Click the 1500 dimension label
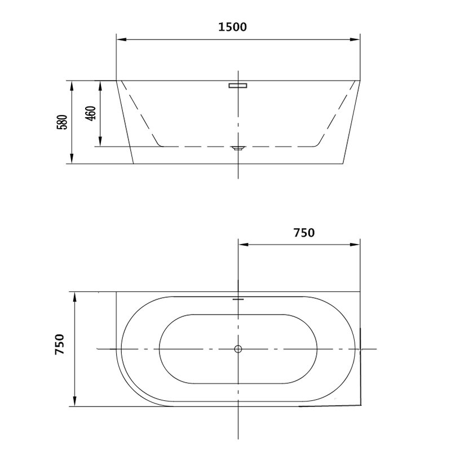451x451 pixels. [x=232, y=27]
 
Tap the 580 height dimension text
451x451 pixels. [x=63, y=122]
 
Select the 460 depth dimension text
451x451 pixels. [x=91, y=113]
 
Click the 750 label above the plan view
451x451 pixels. [x=304, y=233]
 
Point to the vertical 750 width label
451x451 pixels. [x=60, y=344]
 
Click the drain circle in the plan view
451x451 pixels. [x=238, y=349]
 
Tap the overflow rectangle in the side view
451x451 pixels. [x=238, y=86]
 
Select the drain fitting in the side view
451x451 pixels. [x=238, y=148]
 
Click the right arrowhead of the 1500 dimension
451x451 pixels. [x=355, y=39]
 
